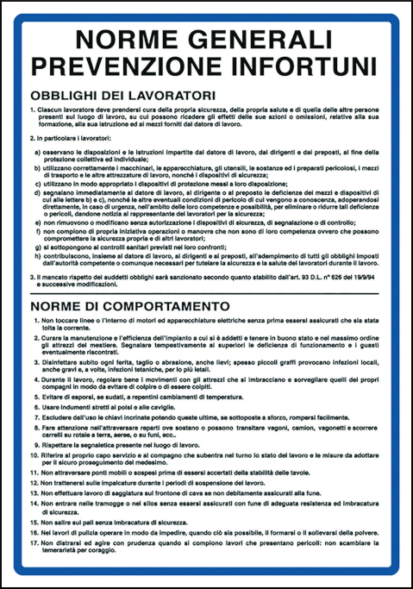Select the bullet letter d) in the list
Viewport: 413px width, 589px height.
38,192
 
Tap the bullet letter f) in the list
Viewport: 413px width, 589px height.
38,232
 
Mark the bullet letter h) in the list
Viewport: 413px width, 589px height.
38,256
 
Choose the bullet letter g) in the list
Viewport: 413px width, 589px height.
38,247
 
